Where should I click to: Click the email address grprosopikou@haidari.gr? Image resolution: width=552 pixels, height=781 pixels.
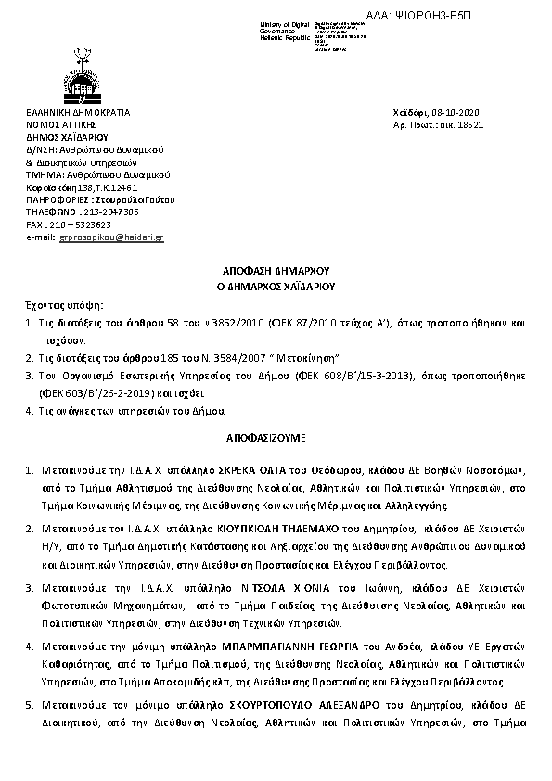pos(111,237)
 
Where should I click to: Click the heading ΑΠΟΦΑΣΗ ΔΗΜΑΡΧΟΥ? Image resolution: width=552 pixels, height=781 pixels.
pos(276,270)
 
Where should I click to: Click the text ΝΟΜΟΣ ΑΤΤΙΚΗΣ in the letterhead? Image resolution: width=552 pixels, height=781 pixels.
pos(61,124)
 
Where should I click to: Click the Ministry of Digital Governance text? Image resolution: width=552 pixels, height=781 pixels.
pos(285,31)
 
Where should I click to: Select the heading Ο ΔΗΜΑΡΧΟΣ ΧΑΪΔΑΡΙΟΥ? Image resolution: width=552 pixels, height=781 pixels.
pos(276,287)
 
